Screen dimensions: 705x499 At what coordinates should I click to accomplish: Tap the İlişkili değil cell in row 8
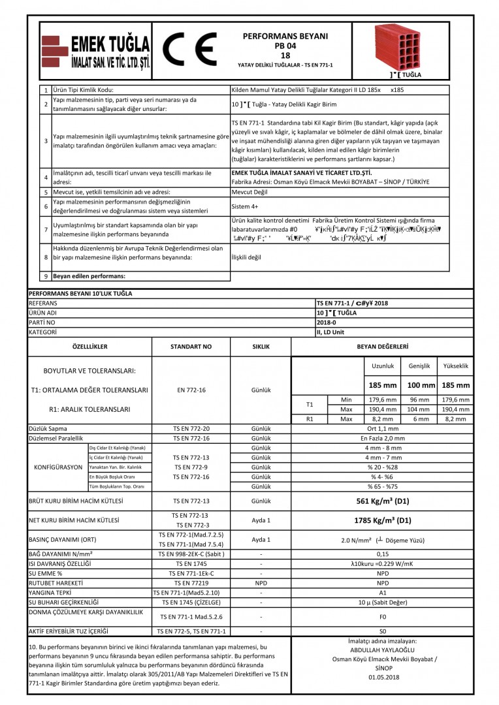coord(247,257)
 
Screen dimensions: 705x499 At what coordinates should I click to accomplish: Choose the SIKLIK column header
coord(261,346)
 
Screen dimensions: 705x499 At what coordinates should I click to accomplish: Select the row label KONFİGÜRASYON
coord(59,468)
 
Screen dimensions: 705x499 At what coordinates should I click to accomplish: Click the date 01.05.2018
coord(383,678)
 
